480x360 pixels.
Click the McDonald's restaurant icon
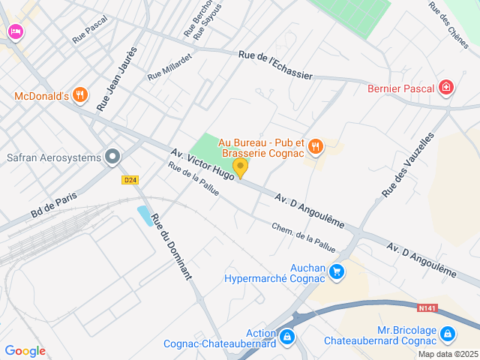tap(81, 95)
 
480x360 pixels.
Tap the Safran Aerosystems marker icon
tap(113, 157)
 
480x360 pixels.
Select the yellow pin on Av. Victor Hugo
tap(240, 167)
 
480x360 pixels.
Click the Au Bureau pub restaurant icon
tap(316, 147)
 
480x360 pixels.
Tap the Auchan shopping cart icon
tap(337, 271)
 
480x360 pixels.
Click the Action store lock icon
tap(286, 337)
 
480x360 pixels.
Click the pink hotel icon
tap(15, 31)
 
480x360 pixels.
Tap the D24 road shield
tap(130, 180)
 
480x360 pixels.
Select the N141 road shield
tap(427, 307)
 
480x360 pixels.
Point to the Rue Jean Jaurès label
tap(117, 79)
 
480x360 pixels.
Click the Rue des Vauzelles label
tap(408, 165)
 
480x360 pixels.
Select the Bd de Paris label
tap(55, 202)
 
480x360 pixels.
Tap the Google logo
tap(25, 351)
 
